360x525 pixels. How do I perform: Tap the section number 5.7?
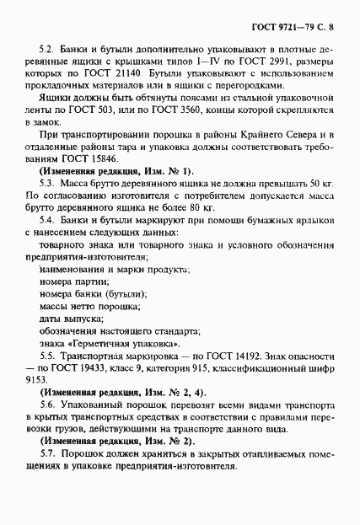47,454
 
